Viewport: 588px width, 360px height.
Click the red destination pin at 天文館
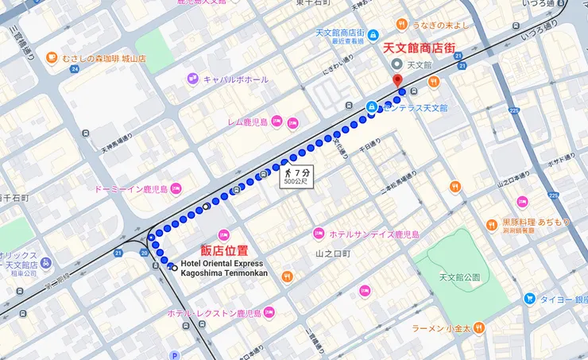pyautogui.click(x=397, y=80)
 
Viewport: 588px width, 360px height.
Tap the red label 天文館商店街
pyautogui.click(x=420, y=48)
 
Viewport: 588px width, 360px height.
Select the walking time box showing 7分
pyautogui.click(x=296, y=176)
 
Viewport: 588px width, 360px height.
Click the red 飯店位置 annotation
pyautogui.click(x=223, y=251)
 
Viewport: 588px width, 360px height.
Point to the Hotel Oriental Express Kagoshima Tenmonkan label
pyautogui.click(x=224, y=269)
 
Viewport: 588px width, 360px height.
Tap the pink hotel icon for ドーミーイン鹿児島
pyautogui.click(x=176, y=189)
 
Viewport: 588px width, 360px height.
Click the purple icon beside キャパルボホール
pyautogui.click(x=192, y=79)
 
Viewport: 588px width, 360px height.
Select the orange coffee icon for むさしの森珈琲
pyautogui.click(x=52, y=58)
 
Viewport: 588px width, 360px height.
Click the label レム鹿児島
pyautogui.click(x=248, y=122)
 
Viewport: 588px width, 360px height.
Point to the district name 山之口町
pyautogui.click(x=332, y=253)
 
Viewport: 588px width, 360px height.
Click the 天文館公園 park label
pyautogui.click(x=459, y=277)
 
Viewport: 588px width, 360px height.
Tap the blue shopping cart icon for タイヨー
pyautogui.click(x=529, y=299)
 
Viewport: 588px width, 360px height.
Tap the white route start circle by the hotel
pyautogui.click(x=174, y=267)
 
